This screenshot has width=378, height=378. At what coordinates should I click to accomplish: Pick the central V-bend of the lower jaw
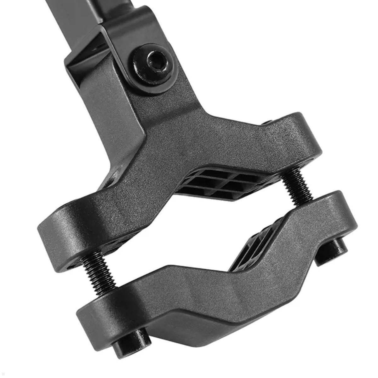[x=217, y=280]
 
